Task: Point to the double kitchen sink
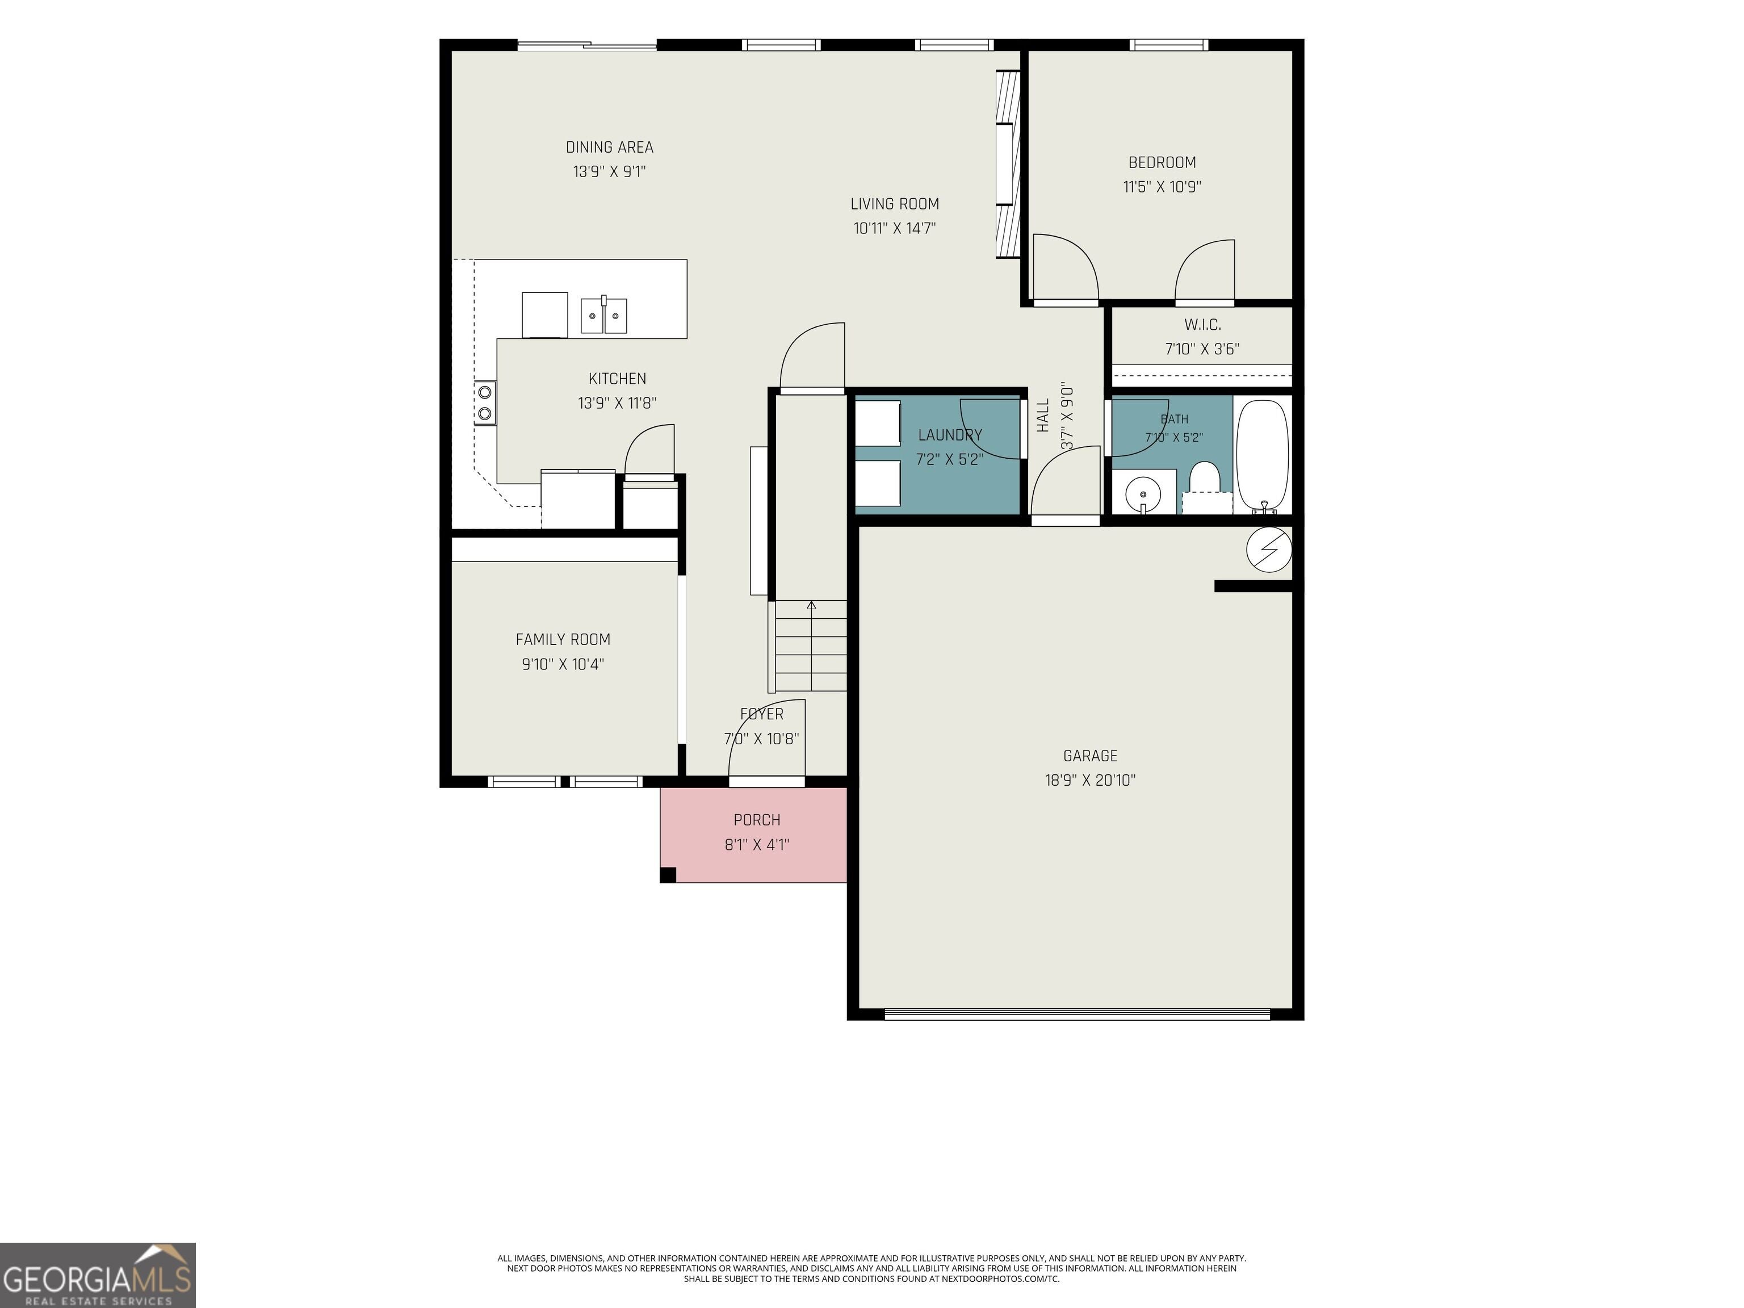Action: (604, 316)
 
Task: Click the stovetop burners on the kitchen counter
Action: (485, 402)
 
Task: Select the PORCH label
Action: (757, 820)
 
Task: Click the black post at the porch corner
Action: (668, 874)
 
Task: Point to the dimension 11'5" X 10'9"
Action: (1162, 187)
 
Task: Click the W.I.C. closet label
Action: (1202, 324)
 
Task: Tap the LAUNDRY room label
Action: (950, 434)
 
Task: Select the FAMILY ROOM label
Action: (563, 639)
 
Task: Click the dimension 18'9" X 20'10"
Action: (1091, 780)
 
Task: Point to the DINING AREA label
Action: (610, 146)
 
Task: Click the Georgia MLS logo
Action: (98, 1275)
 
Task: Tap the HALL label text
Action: (1043, 416)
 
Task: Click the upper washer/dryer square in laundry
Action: (878, 424)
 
